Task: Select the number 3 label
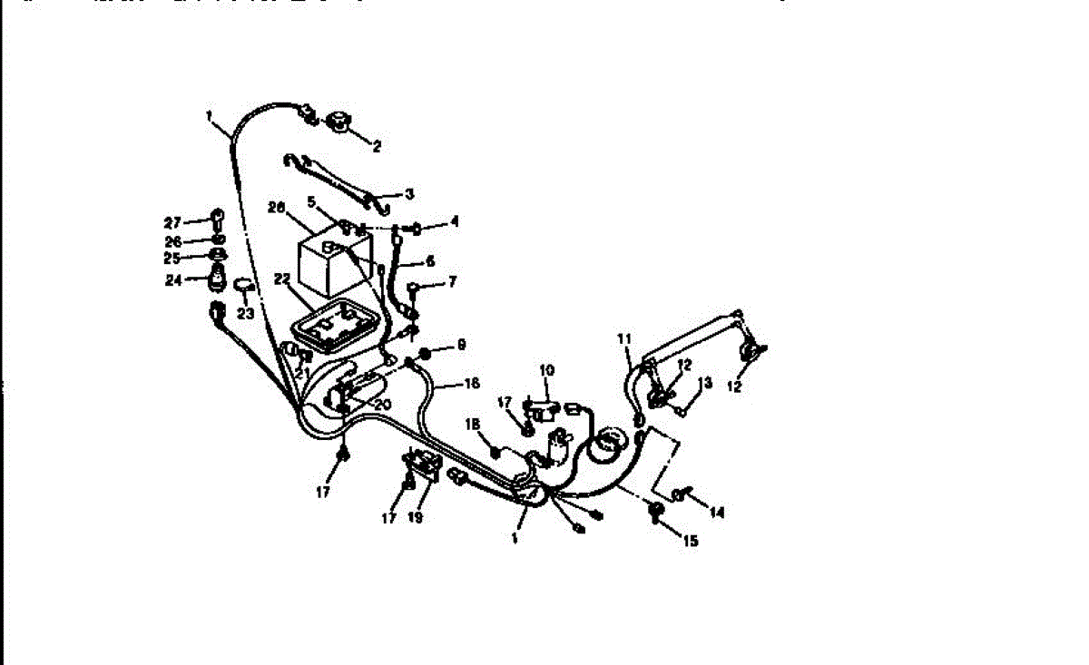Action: pos(409,194)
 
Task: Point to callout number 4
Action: pos(455,220)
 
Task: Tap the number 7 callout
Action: pos(452,282)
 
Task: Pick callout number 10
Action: pos(546,370)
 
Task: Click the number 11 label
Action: pos(623,338)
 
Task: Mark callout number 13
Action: pos(708,383)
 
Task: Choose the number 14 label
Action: pos(717,513)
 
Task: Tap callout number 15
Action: pos(691,542)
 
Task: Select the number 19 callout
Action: pos(417,518)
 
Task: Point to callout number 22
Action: pos(282,278)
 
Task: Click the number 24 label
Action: pos(173,280)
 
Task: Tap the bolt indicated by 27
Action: pos(218,218)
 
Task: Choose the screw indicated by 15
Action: pos(654,513)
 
